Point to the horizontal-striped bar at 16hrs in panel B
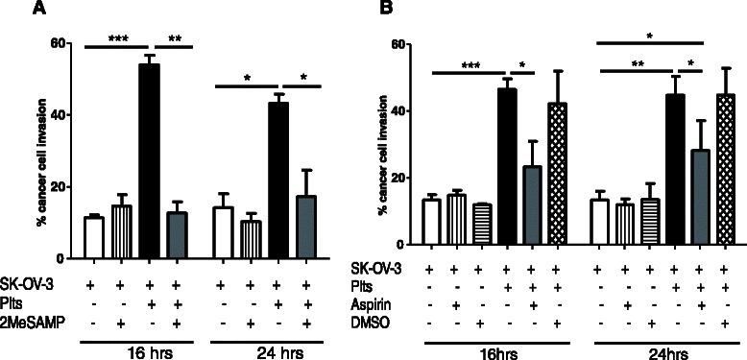484,230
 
